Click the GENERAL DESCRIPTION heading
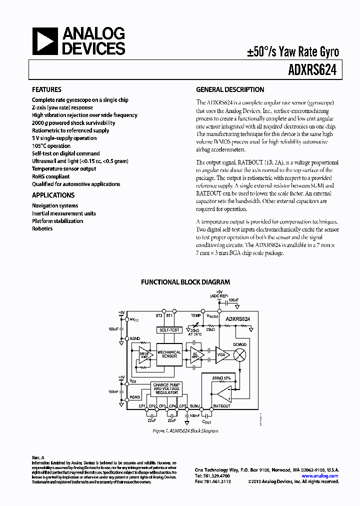click(x=230, y=90)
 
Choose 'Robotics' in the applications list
click(x=42, y=228)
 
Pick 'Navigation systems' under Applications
click(x=55, y=205)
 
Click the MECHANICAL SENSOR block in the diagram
click(x=169, y=354)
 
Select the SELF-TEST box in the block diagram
click(x=169, y=330)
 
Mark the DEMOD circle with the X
click(x=240, y=354)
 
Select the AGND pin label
click(x=135, y=338)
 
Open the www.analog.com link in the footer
click(x=320, y=476)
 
